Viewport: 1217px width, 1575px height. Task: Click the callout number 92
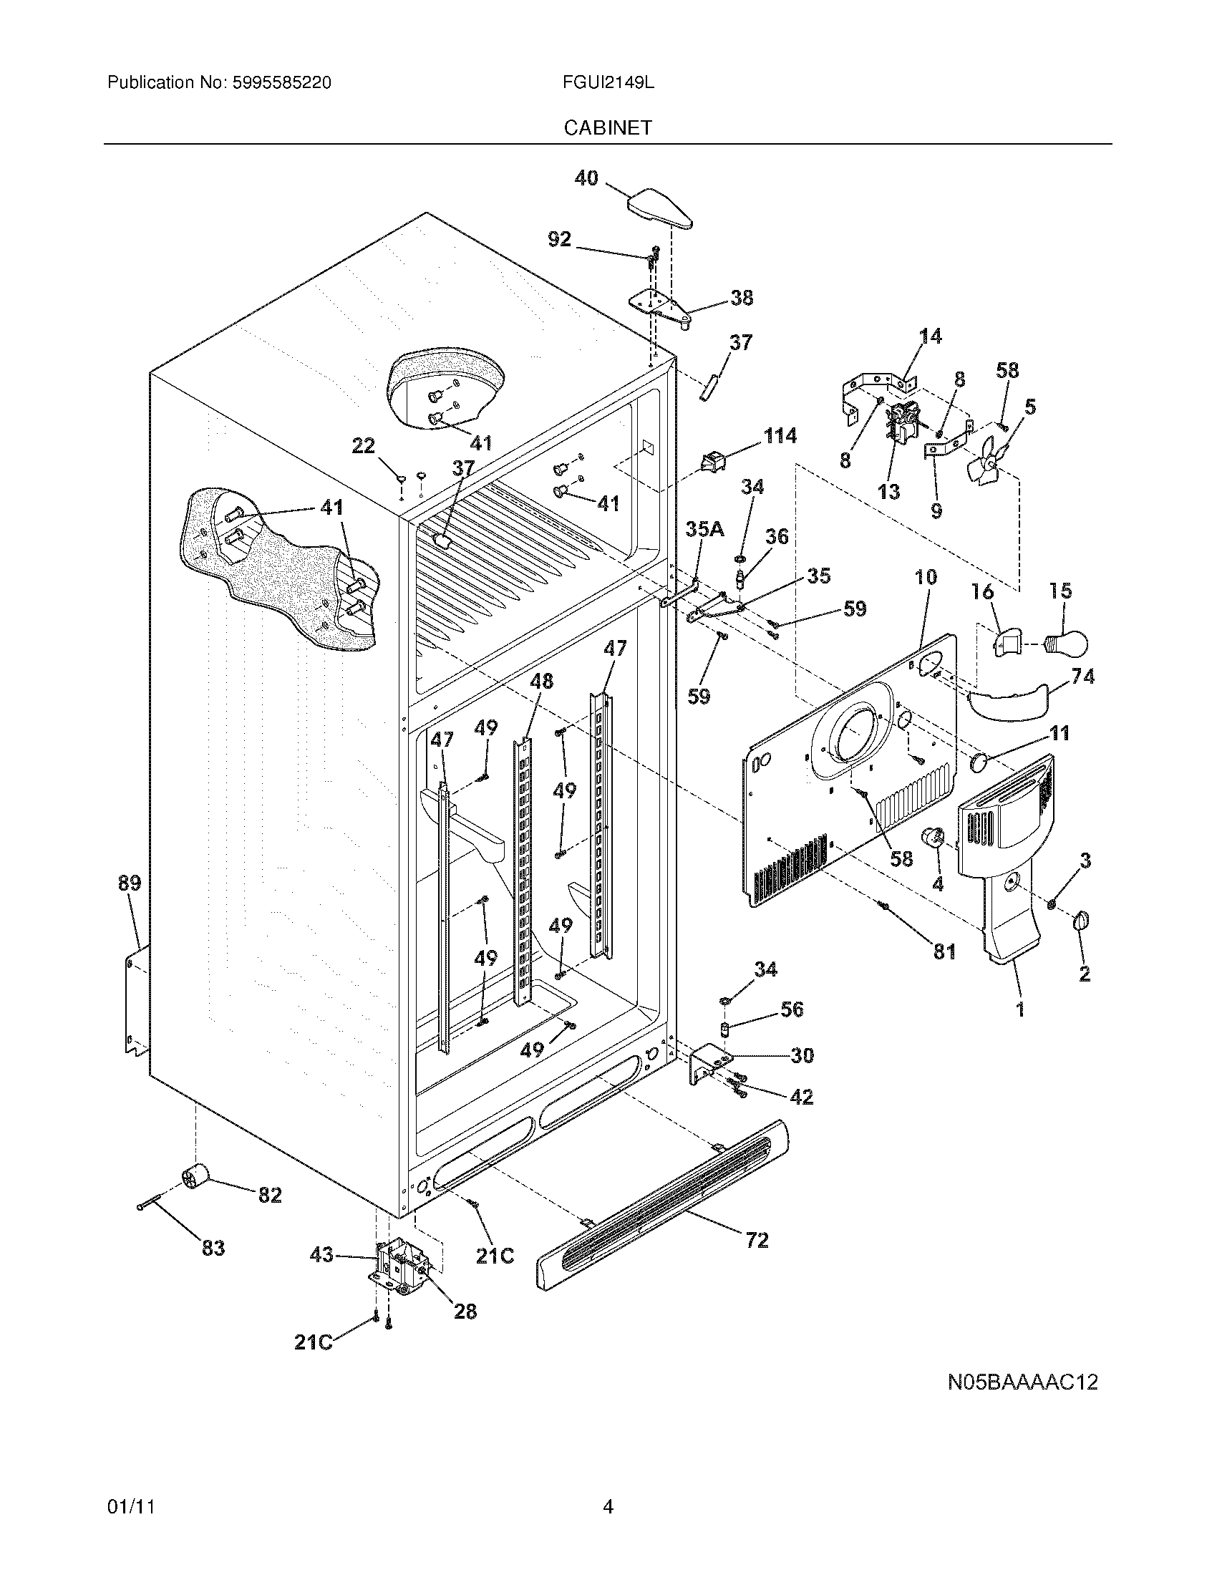pyautogui.click(x=560, y=238)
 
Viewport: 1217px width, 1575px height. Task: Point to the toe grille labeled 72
pyautogui.click(x=662, y=1202)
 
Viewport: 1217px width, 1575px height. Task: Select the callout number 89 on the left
pyautogui.click(x=130, y=883)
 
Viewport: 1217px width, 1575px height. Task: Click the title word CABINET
pyautogui.click(x=608, y=127)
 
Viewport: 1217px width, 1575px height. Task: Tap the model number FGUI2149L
pyautogui.click(x=608, y=82)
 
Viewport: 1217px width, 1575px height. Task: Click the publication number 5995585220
pyautogui.click(x=281, y=82)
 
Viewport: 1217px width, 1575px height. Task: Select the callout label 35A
pyautogui.click(x=704, y=529)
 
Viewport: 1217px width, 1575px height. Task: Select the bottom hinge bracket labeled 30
pyautogui.click(x=709, y=1065)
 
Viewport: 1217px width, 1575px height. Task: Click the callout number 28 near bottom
pyautogui.click(x=465, y=1310)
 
